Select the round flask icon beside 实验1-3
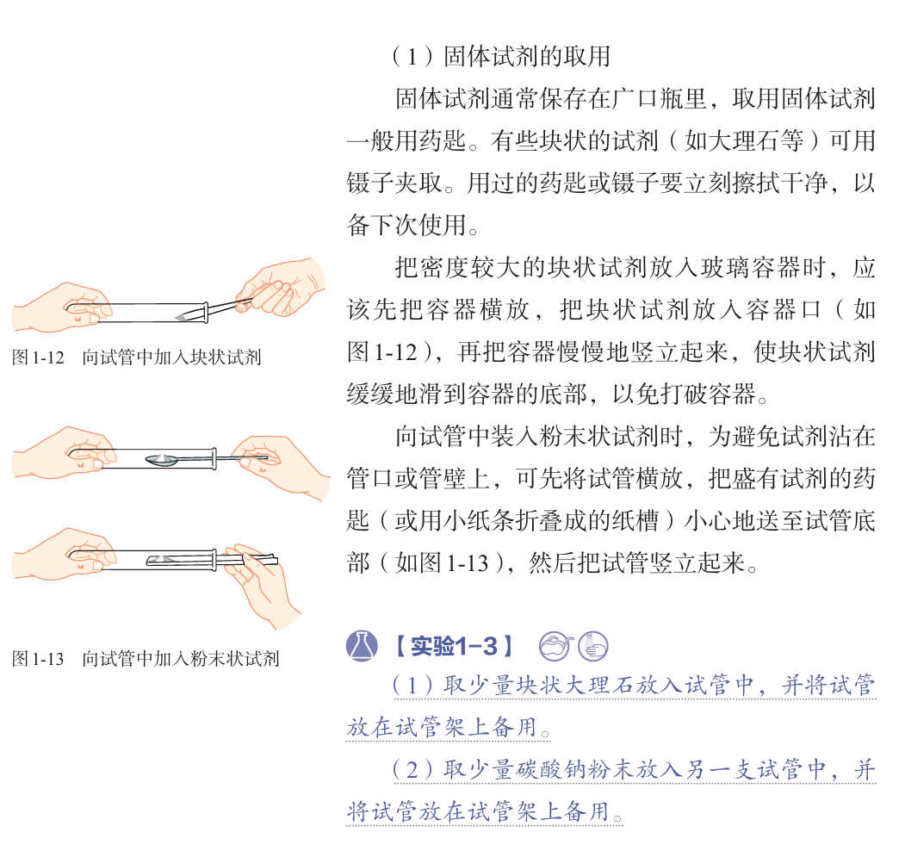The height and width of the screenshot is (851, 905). [363, 645]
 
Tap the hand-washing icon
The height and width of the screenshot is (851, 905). [593, 645]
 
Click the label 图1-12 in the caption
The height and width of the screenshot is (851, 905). [39, 357]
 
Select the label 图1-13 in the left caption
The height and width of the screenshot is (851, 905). [39, 660]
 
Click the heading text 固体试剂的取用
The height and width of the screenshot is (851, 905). [526, 57]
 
